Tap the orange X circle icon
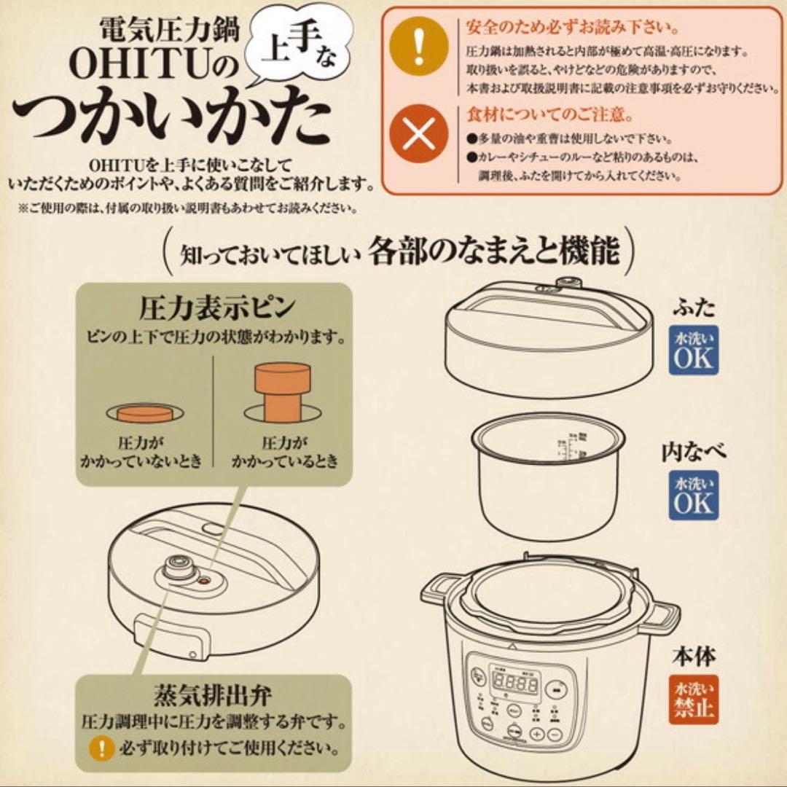pos(418,136)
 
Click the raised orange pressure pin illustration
pos(282,392)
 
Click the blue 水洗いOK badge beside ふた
pos(694,350)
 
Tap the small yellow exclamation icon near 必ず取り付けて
pos(101,748)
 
